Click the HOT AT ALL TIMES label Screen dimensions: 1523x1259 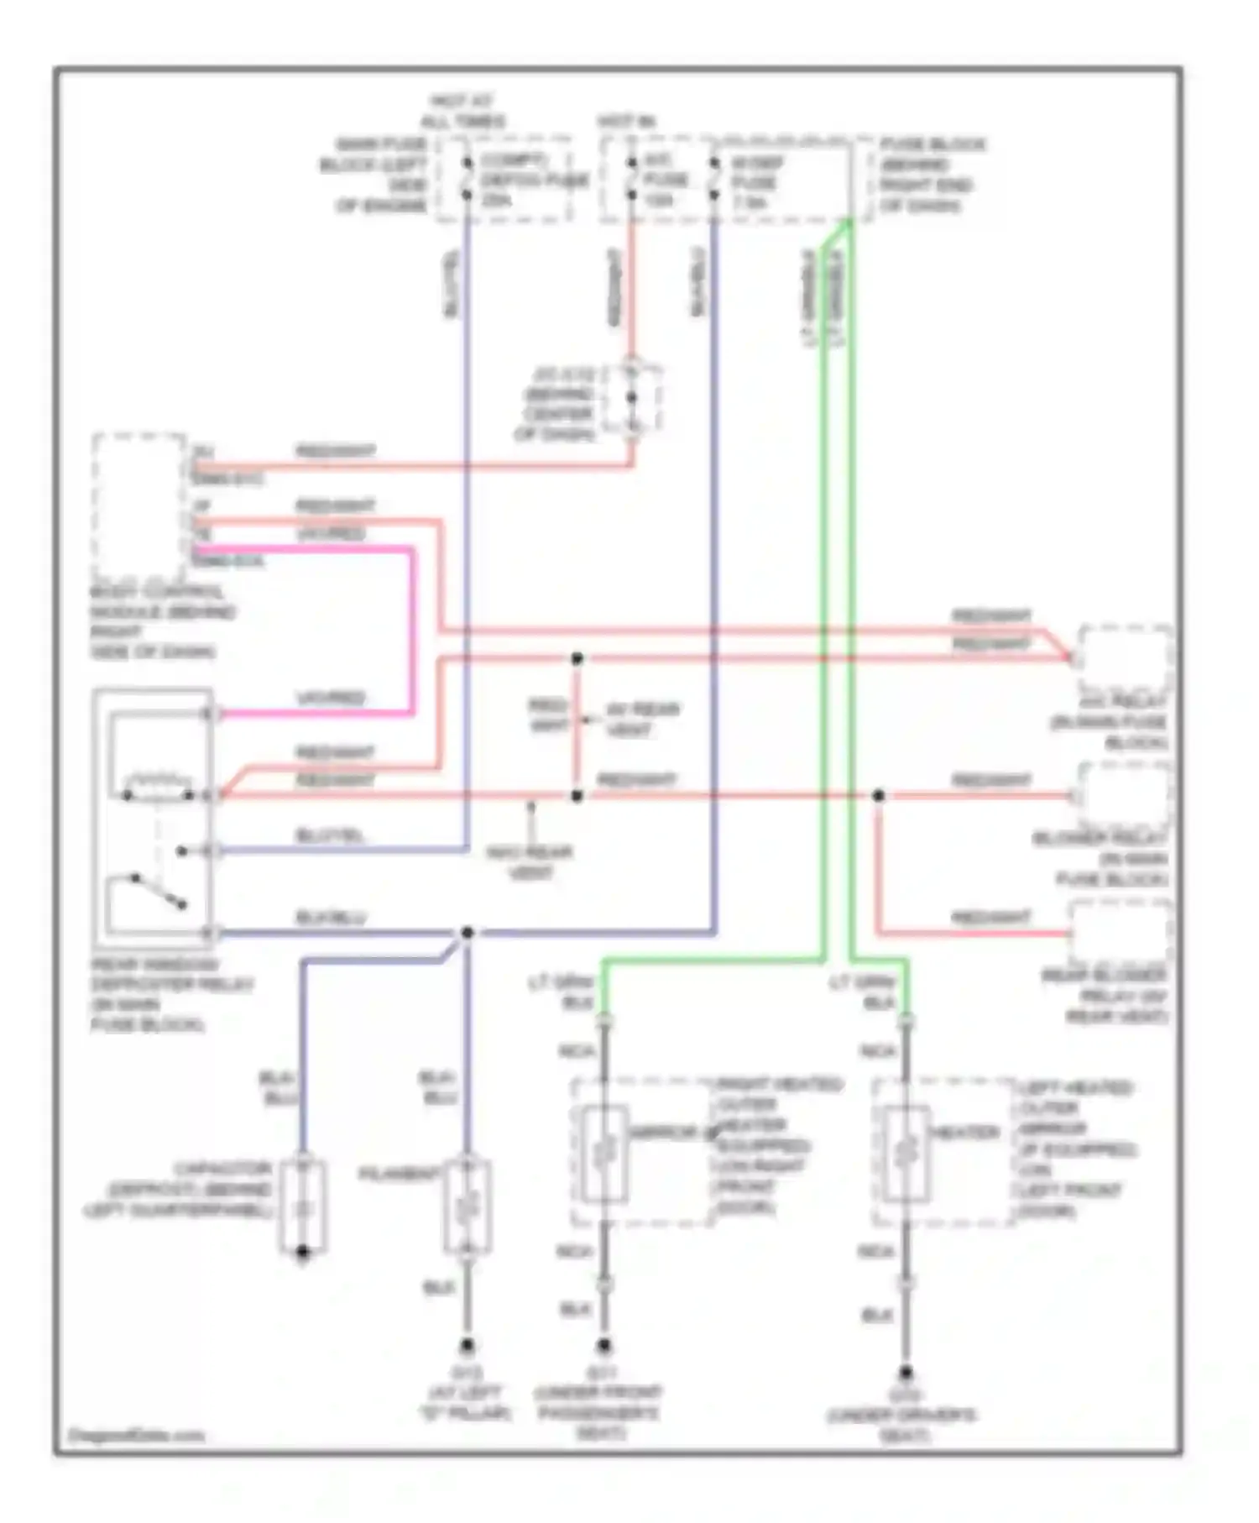pos(462,111)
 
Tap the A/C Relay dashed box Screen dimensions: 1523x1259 pos(1125,658)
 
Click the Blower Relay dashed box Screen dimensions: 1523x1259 pos(1125,794)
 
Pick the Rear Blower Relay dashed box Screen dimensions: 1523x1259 pos(1121,932)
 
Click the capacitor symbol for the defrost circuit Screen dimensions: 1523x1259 pos(303,1207)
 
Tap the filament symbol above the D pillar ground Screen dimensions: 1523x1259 pos(468,1207)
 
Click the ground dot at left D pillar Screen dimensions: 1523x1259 pos(468,1346)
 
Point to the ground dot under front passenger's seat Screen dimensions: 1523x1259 pos(604,1346)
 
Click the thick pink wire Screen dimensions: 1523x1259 pos(412,630)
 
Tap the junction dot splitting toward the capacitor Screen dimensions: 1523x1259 pos(468,932)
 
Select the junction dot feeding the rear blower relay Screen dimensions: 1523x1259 pos(878,795)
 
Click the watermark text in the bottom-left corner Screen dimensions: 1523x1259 pos(136,1435)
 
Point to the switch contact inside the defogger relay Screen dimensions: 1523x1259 pos(158,892)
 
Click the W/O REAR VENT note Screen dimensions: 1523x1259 pos(530,862)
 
